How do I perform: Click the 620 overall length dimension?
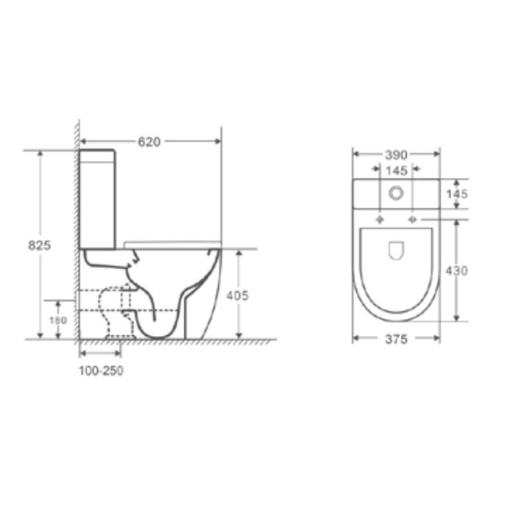(x=148, y=141)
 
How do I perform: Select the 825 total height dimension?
(x=39, y=245)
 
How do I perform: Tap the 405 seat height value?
(x=237, y=296)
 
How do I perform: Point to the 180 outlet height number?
(x=57, y=319)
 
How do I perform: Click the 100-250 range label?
(x=101, y=371)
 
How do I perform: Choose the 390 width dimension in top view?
(x=396, y=155)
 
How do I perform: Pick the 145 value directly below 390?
(x=396, y=170)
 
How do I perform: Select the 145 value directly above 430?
(x=457, y=194)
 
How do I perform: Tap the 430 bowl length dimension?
(x=457, y=270)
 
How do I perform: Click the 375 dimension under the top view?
(x=396, y=340)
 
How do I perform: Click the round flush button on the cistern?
(x=396, y=192)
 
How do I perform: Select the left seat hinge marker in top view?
(x=380, y=220)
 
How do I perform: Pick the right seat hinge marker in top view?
(x=412, y=220)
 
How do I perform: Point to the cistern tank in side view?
(x=98, y=199)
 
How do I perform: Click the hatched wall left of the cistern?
(x=76, y=225)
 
